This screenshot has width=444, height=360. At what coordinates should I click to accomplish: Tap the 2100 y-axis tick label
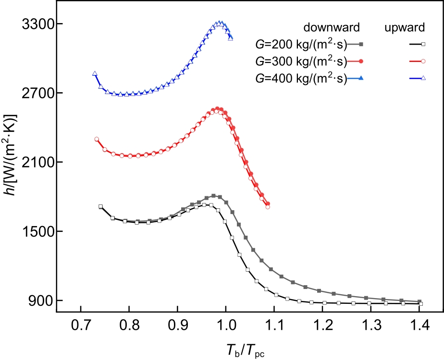pos(37,162)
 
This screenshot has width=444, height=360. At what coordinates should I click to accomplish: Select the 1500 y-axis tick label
pos(37,231)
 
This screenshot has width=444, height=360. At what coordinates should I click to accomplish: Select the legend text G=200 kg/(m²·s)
pos(301,44)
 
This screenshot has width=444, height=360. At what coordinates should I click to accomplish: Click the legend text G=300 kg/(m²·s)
pos(301,61)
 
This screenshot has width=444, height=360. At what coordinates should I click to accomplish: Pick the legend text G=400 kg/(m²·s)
pos(301,78)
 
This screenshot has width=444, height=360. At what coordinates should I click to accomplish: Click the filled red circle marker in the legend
pos(361,61)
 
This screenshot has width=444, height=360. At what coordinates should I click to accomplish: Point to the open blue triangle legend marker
pos(423,78)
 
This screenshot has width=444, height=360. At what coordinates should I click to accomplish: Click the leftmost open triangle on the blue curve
pos(95,73)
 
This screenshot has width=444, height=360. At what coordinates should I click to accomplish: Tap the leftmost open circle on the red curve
pos(97,139)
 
